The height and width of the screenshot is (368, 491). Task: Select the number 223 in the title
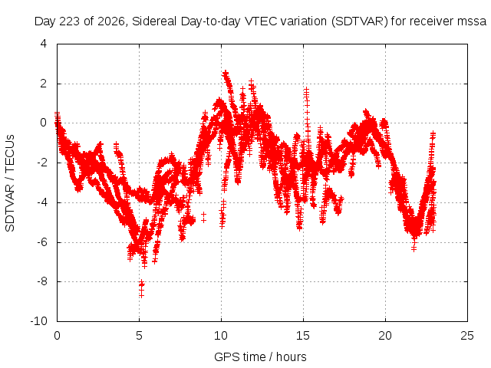click(69, 21)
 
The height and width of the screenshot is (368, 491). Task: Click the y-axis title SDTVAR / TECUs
click(10, 183)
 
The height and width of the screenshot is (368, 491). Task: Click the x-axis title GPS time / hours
click(260, 356)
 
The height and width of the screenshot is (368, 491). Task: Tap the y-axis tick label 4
click(44, 44)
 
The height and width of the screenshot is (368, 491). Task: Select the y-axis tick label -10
click(38, 321)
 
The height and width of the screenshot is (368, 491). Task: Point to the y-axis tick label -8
click(41, 281)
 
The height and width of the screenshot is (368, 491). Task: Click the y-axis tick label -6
click(41, 242)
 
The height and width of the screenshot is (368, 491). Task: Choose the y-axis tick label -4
click(41, 202)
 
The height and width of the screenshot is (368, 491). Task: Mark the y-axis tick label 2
click(44, 84)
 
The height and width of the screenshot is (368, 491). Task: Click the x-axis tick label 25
click(467, 336)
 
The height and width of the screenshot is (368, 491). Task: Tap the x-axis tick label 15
click(303, 336)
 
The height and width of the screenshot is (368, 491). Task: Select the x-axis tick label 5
click(139, 336)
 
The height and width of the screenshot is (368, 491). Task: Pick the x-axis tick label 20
click(385, 336)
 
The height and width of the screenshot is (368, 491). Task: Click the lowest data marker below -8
click(141, 295)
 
